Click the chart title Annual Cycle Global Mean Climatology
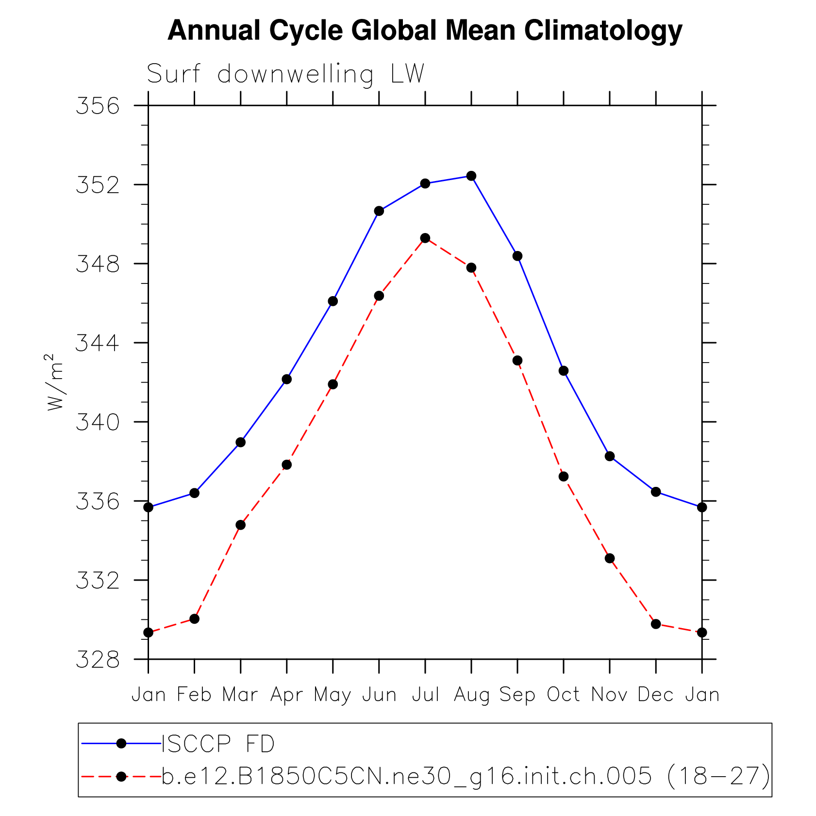[x=425, y=31]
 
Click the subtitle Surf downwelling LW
[x=285, y=74]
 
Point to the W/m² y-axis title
[x=54, y=382]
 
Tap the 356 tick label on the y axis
[x=98, y=106]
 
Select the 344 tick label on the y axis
[x=98, y=343]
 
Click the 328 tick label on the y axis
[x=98, y=660]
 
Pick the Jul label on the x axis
[x=425, y=695]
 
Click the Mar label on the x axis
[x=240, y=695]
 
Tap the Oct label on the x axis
[x=563, y=695]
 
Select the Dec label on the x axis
[x=655, y=695]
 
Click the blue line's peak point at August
[x=471, y=176]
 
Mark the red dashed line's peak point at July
[x=425, y=238]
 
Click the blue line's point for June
[x=379, y=211]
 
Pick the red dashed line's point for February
[x=194, y=619]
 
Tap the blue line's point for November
[x=610, y=456]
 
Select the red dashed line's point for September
[x=517, y=360]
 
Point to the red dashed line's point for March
[x=240, y=525]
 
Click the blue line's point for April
[x=286, y=379]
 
